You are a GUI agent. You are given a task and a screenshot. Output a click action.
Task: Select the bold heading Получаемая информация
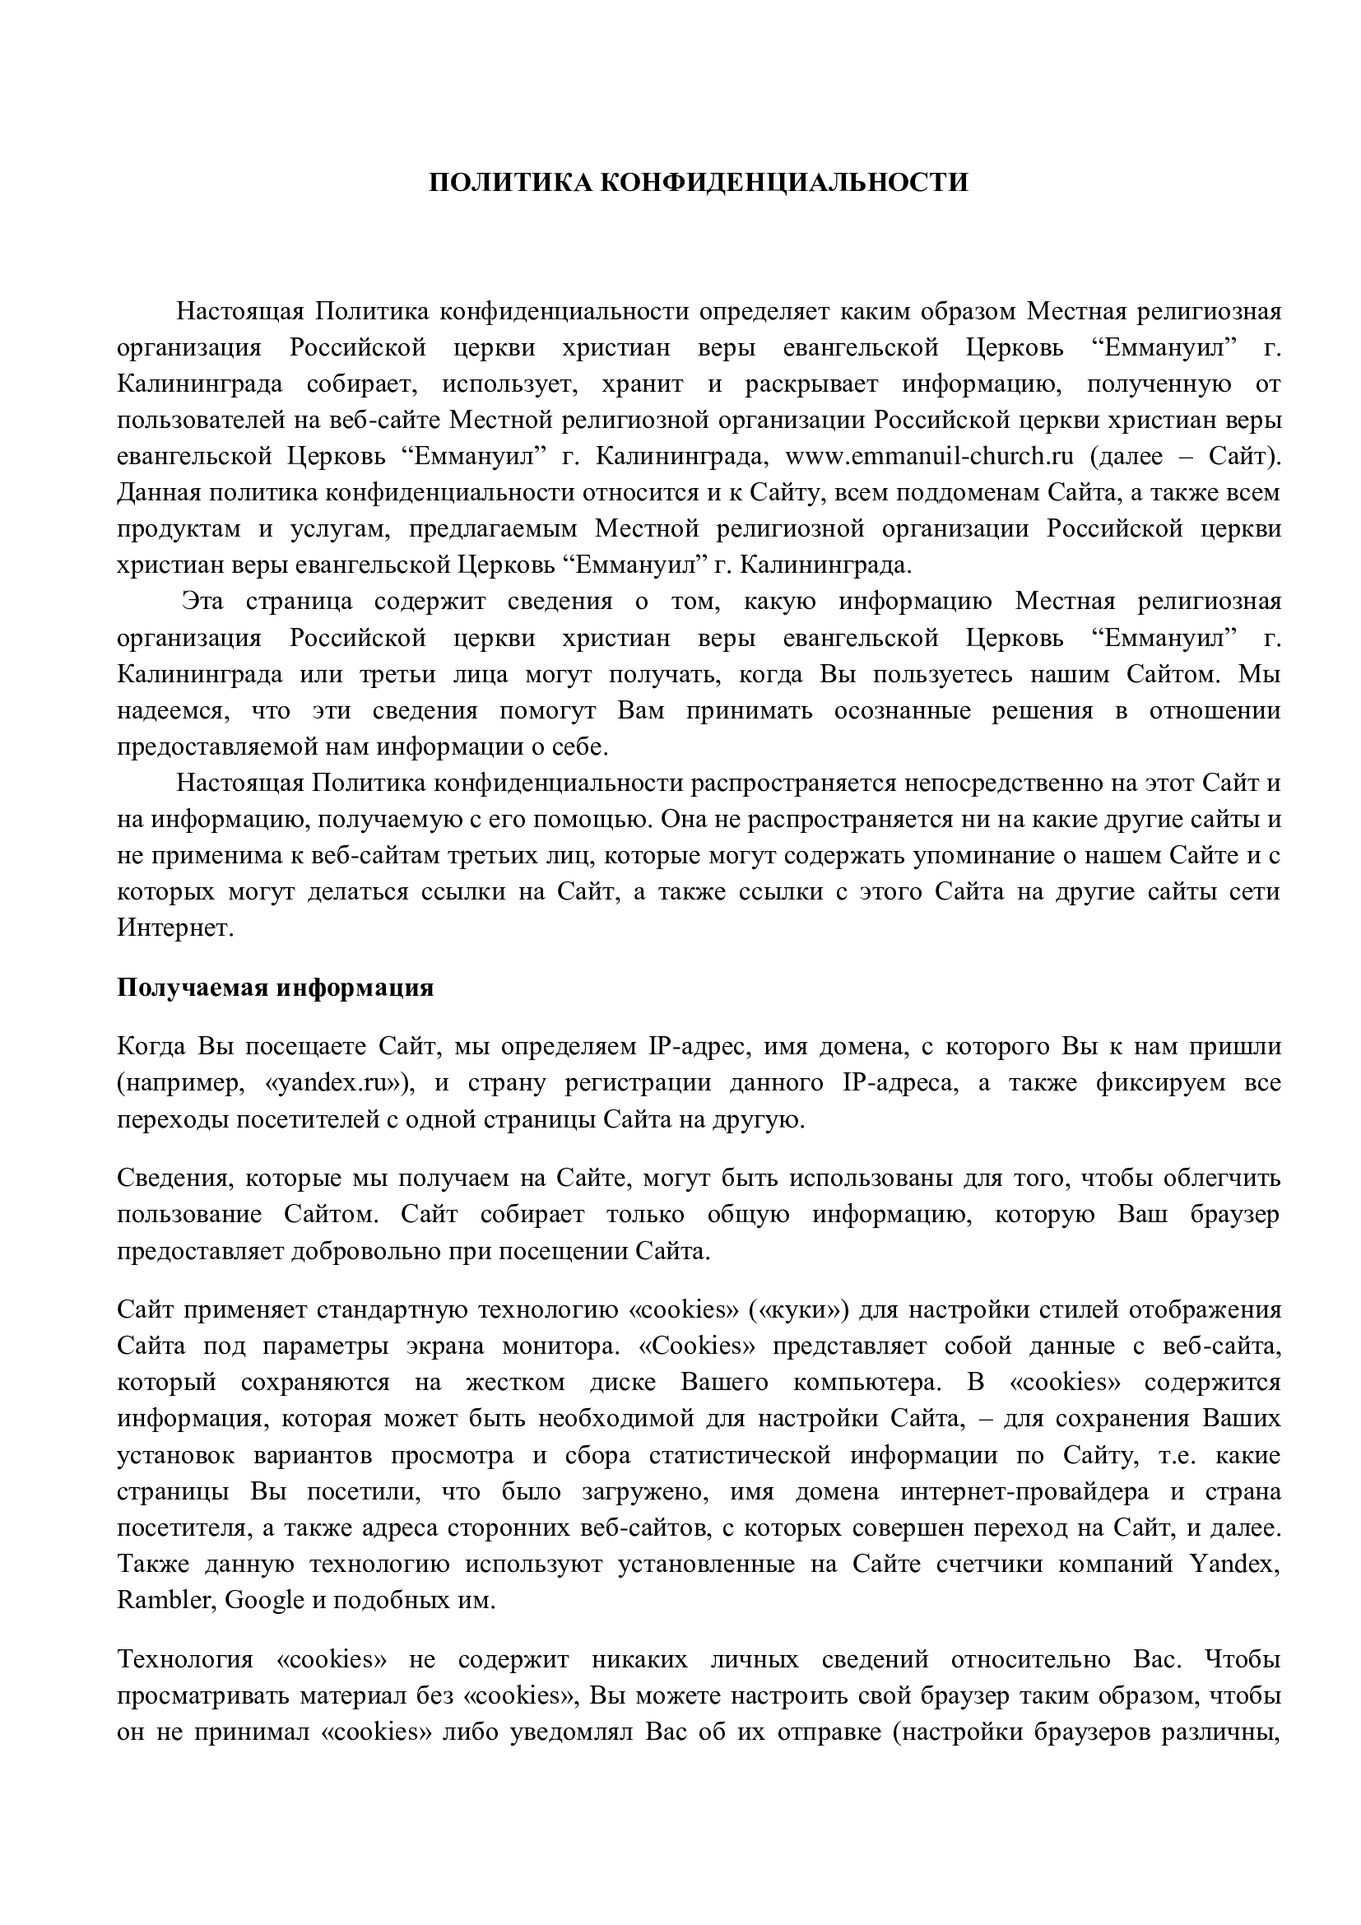[x=275, y=988]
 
